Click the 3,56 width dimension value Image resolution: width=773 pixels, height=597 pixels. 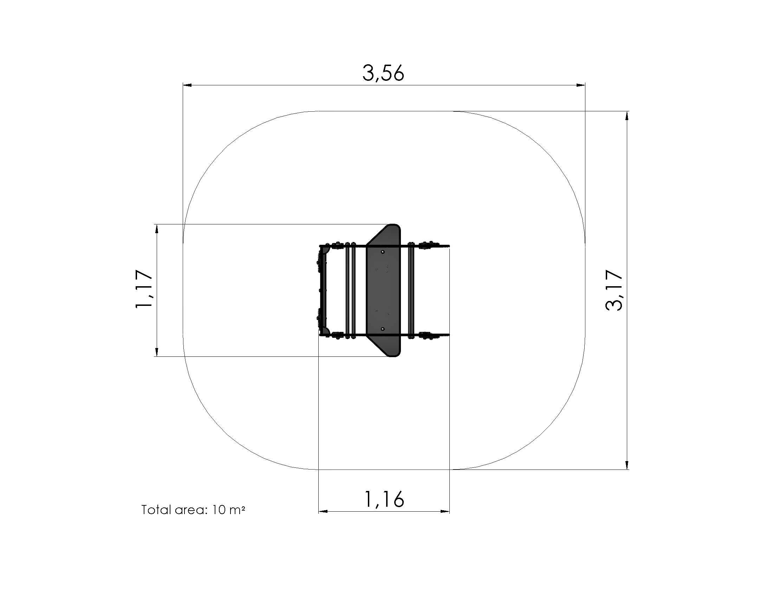383,73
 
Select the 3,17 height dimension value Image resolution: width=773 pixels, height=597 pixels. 614,290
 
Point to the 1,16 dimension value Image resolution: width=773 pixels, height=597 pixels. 384,499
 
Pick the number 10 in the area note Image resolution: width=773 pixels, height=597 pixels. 219,510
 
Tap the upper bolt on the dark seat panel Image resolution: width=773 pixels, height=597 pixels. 383,252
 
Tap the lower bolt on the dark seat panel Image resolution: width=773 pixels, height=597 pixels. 383,329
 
